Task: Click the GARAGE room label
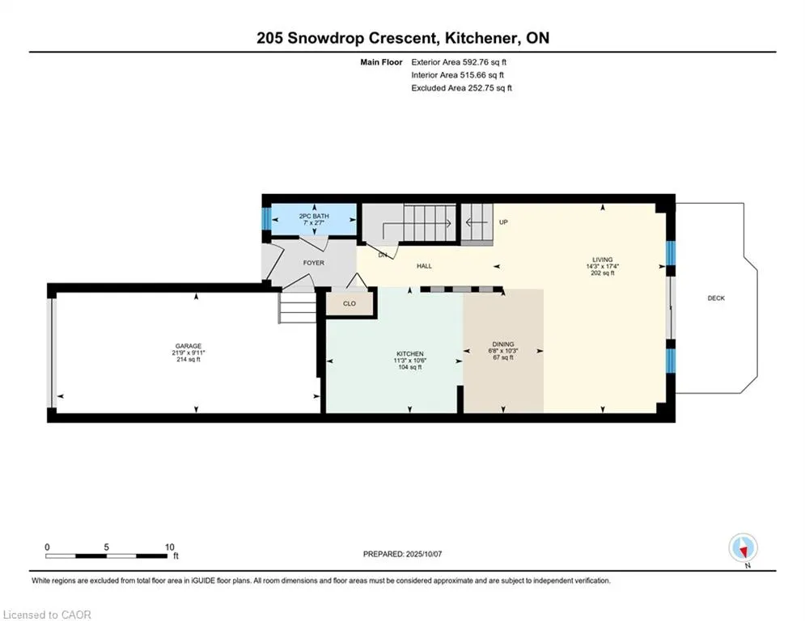(x=189, y=346)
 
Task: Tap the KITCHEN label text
(x=409, y=353)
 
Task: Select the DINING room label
(x=503, y=344)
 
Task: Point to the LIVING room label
(x=603, y=260)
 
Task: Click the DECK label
(x=716, y=298)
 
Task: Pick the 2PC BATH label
(x=314, y=216)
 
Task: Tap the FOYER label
(x=314, y=263)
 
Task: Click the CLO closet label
(x=350, y=303)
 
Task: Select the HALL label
(x=424, y=266)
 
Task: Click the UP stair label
(x=504, y=222)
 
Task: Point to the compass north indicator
(x=743, y=549)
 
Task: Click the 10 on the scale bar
(x=170, y=547)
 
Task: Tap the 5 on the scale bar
(x=106, y=547)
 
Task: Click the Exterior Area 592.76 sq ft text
(x=459, y=62)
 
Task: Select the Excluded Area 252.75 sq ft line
(x=461, y=88)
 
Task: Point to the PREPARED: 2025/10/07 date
(x=403, y=554)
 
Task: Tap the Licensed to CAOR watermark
(x=47, y=615)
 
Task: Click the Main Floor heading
(x=381, y=62)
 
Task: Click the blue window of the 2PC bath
(x=266, y=218)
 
